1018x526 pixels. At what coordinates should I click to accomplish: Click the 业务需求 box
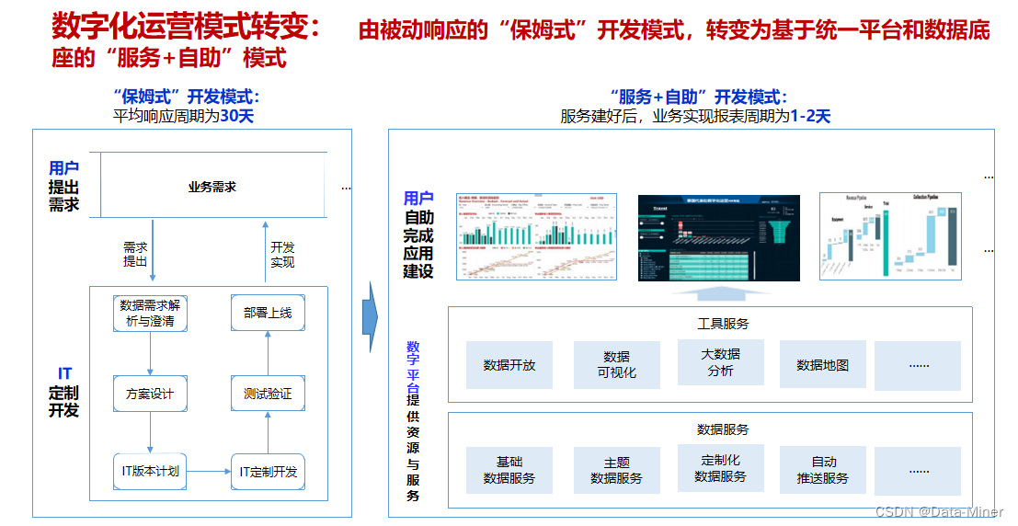tap(212, 186)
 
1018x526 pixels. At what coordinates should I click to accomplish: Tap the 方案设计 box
tap(150, 394)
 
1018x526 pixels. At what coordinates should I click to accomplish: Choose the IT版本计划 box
tap(150, 472)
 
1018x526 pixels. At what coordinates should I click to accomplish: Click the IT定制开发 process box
tap(268, 472)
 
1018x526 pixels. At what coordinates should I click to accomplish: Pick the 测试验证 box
tap(268, 394)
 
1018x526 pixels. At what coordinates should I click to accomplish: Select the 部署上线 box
tap(268, 313)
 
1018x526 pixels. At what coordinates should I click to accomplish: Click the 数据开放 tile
tap(509, 365)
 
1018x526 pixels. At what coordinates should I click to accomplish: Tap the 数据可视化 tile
tap(617, 365)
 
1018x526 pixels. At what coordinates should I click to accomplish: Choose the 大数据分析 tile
tap(721, 361)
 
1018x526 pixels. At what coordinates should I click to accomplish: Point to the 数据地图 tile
tap(823, 365)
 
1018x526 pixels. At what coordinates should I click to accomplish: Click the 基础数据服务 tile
tap(509, 470)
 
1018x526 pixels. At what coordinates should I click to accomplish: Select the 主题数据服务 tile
tap(617, 471)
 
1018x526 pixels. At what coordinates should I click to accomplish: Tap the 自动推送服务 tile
tap(823, 470)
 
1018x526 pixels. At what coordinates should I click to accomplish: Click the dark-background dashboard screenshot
tap(719, 237)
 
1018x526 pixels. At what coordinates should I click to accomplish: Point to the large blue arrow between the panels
tap(368, 317)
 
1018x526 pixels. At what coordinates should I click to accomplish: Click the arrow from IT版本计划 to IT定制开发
tap(208, 472)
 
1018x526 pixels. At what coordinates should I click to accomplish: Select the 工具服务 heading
tap(723, 324)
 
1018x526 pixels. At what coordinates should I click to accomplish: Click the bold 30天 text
tap(236, 116)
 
